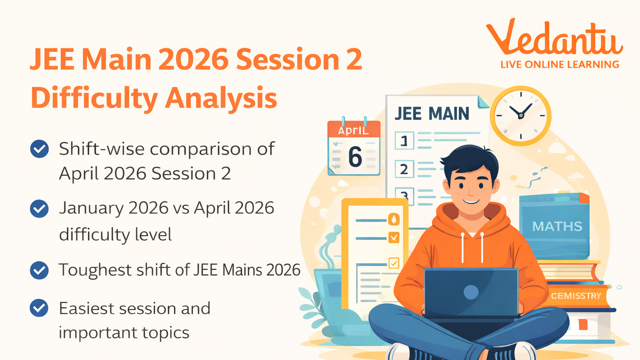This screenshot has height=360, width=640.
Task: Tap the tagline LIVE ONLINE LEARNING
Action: (560, 65)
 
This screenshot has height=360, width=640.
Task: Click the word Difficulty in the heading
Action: (94, 98)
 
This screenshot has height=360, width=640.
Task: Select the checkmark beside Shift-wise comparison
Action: (40, 149)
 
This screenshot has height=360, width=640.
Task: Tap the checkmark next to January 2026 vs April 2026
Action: (40, 208)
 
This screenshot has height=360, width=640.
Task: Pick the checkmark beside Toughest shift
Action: (40, 270)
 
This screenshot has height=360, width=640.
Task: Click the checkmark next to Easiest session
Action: (40, 308)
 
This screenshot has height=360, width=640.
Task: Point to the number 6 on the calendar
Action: (355, 157)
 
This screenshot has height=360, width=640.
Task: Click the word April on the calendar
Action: (353, 130)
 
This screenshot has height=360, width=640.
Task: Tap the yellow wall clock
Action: (520, 116)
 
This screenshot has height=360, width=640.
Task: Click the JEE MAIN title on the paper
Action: (432, 114)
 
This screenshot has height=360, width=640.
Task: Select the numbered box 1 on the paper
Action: (404, 141)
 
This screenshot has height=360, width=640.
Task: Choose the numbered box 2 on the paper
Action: (404, 169)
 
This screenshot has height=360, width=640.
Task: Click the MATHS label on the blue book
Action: (557, 226)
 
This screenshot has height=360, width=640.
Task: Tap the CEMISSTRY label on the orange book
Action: (576, 296)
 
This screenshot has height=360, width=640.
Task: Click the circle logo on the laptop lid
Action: (471, 292)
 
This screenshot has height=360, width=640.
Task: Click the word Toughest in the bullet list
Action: (94, 270)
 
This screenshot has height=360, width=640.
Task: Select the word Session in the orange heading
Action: (287, 59)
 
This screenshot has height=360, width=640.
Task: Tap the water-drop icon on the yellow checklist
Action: (394, 219)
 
